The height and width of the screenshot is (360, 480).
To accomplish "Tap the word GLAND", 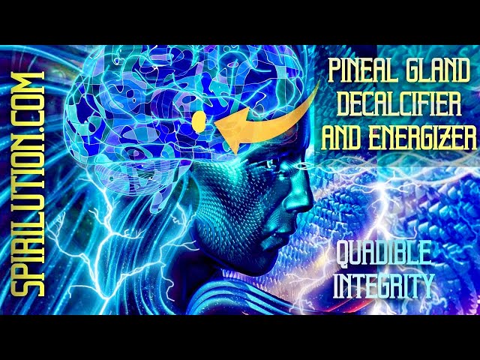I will (435, 73).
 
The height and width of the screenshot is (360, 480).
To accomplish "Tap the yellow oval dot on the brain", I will (199, 120).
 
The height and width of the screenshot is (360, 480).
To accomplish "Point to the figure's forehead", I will (285, 135).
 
